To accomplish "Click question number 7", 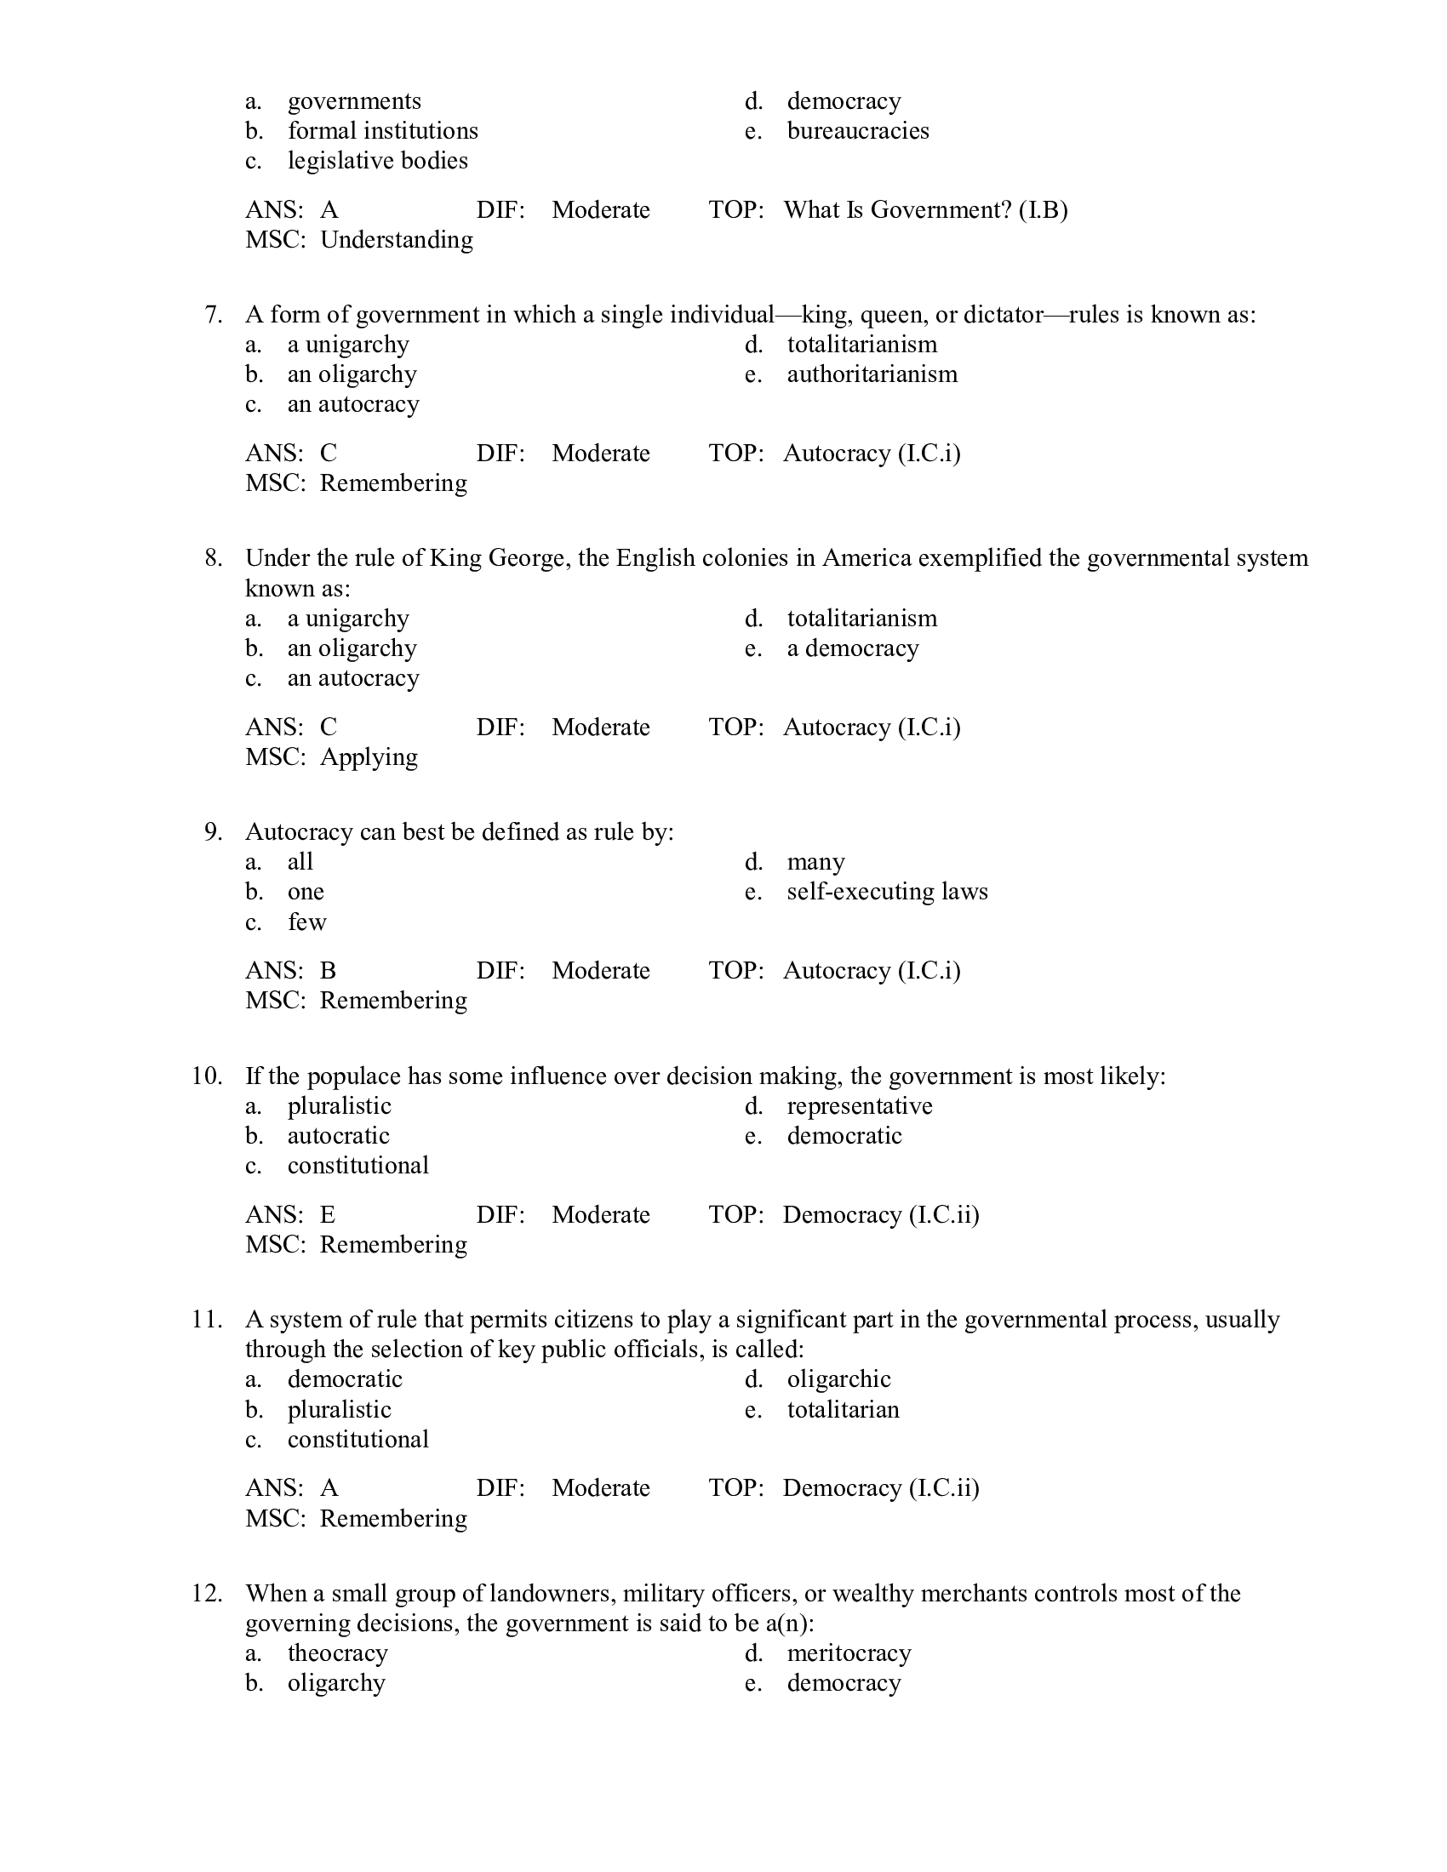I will [x=214, y=315].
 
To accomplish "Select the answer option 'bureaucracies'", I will [x=857, y=131].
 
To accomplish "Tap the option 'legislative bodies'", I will [x=377, y=161].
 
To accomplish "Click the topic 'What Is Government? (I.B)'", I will [x=925, y=210].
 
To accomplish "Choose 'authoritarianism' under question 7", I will [x=872, y=374].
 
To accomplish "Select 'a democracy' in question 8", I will [x=852, y=649].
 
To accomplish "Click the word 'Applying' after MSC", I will [x=369, y=757].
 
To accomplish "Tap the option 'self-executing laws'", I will [x=887, y=893].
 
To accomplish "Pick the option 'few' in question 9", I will [x=307, y=923].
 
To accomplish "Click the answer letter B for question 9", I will [x=328, y=971].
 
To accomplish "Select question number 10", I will [x=208, y=1076].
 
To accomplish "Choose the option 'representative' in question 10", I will [x=859, y=1106].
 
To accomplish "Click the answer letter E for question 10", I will [x=328, y=1215].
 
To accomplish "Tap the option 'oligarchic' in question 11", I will [x=838, y=1379].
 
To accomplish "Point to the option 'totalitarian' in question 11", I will [x=843, y=1410].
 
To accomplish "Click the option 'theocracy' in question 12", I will [x=338, y=1653].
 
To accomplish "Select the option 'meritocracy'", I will [x=849, y=1653].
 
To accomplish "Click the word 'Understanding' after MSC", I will [x=396, y=240].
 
